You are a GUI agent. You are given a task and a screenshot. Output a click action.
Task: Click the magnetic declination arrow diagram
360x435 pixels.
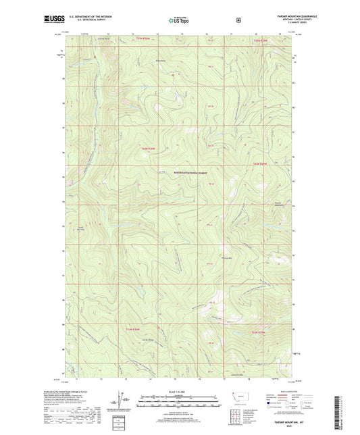[126, 403]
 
